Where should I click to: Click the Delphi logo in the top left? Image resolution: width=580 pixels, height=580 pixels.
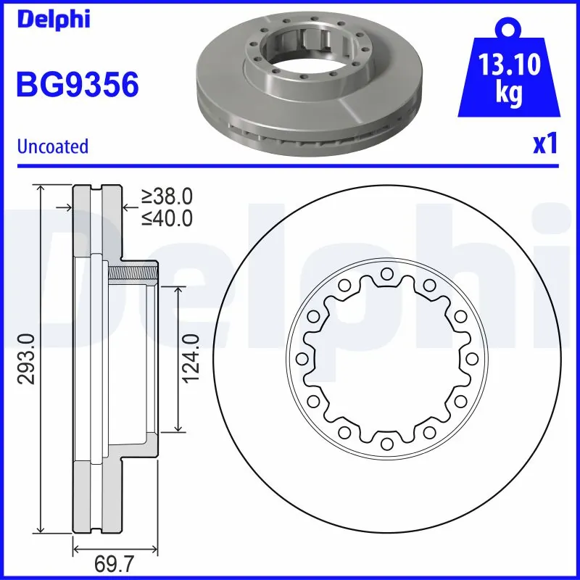52,20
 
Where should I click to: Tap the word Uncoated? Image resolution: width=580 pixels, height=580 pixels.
52,146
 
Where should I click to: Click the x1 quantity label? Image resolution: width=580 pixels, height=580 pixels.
544,145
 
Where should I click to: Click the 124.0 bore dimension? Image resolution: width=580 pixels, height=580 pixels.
190,359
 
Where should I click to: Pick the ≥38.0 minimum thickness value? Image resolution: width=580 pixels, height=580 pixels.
167,196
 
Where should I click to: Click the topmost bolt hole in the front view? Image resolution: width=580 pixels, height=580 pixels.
386,273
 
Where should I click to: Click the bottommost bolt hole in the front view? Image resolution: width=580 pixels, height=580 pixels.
386,443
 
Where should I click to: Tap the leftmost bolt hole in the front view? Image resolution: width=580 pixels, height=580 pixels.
302,358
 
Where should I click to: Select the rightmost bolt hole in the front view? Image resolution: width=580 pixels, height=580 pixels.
471,358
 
